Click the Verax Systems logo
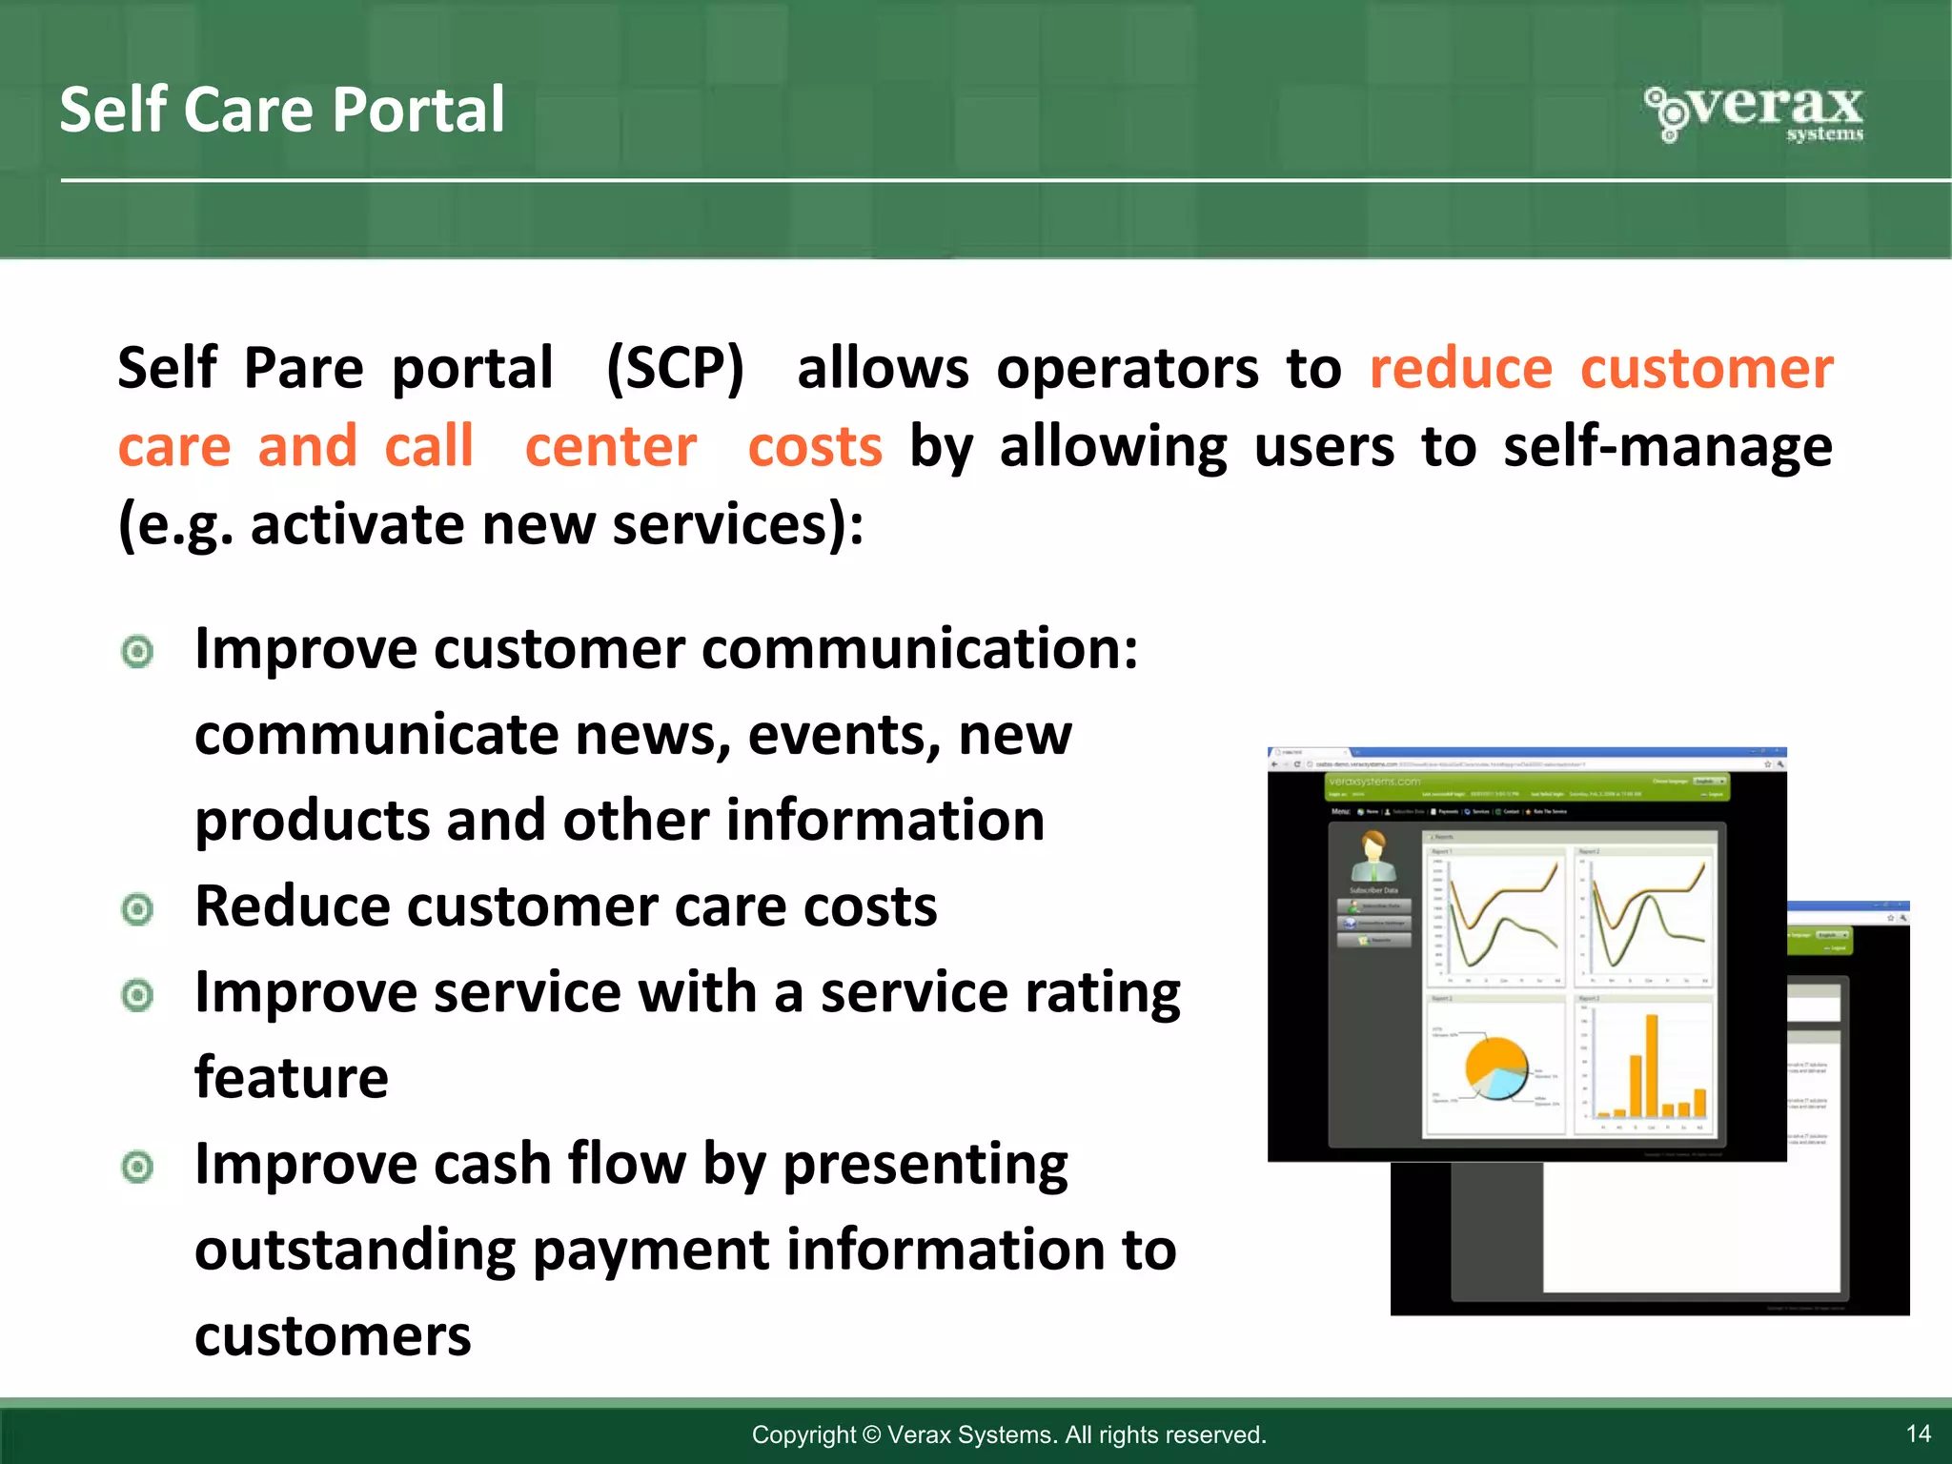pos(1755,113)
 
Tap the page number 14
pos(1918,1433)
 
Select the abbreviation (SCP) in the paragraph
pos(675,368)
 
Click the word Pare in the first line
pos(303,368)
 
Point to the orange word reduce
pos(1460,368)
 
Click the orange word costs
pos(815,446)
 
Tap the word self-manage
pos(1667,446)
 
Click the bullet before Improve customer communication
pos(138,652)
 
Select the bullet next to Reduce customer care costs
pos(138,909)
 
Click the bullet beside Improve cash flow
pos(138,1167)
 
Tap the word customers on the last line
pos(333,1335)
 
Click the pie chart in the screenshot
pos(1495,1067)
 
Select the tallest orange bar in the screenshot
pos(1652,1066)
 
